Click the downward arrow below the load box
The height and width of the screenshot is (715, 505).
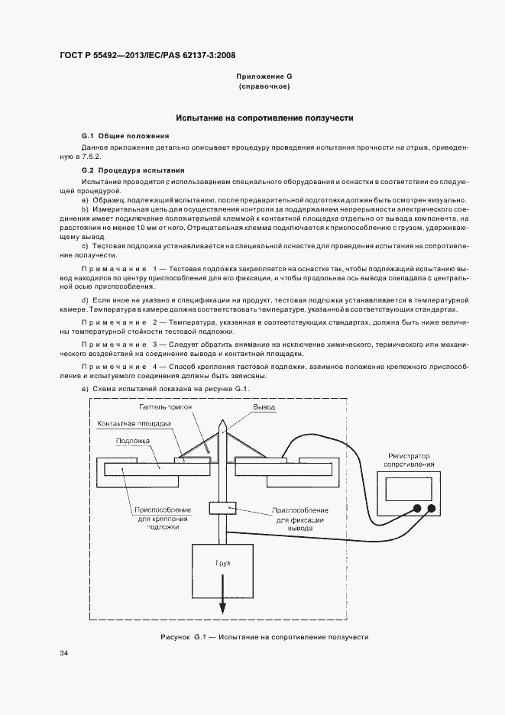click(x=223, y=603)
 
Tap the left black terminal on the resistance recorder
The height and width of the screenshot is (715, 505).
click(x=417, y=509)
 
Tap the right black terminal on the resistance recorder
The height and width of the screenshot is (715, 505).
click(x=432, y=509)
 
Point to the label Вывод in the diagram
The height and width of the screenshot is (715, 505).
click(x=265, y=408)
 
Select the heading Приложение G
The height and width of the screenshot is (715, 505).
click(x=264, y=77)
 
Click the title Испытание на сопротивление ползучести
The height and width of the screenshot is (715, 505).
click(x=264, y=118)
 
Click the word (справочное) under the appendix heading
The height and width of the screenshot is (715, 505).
click(x=264, y=87)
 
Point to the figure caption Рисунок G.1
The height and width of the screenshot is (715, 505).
click(x=264, y=636)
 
